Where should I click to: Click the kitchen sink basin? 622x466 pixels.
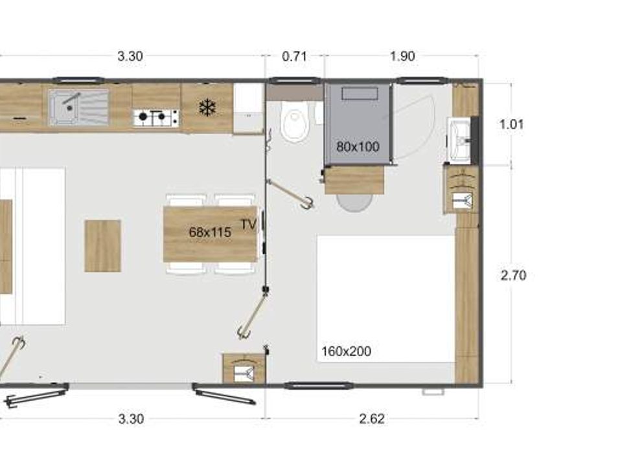coord(78,107)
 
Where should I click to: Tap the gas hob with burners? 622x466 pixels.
coord(155,118)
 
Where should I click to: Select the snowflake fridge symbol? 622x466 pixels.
coord(207,108)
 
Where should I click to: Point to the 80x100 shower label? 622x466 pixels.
coord(358,147)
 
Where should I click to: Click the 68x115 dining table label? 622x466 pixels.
coord(210,232)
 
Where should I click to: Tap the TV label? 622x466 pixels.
coord(249,225)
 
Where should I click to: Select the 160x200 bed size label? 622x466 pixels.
coord(346,351)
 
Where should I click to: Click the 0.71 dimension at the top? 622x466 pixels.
coord(294,56)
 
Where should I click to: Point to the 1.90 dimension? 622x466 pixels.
coord(402,56)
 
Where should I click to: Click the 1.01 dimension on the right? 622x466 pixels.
coord(511,124)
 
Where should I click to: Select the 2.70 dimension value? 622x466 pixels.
coord(513,275)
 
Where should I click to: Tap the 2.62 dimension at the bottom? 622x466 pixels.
coord(372,419)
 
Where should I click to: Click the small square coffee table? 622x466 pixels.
coord(103,246)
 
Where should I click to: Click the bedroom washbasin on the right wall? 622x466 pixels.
coord(459,140)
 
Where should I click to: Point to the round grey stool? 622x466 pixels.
coord(354,202)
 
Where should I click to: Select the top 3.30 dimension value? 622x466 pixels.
coord(130,56)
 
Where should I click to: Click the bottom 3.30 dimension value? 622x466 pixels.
coord(131,419)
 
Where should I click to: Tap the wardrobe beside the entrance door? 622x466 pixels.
coord(244,368)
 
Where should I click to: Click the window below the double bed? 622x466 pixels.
coord(319,385)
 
